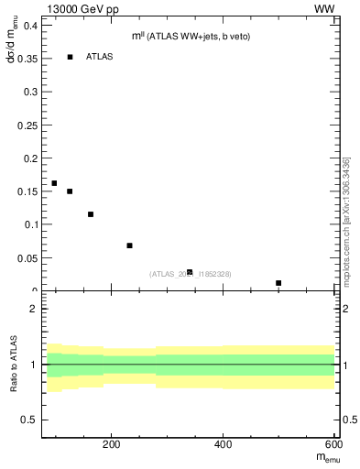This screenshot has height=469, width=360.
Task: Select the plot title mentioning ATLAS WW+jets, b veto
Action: point(191,36)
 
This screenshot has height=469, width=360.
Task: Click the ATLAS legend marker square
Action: point(70,57)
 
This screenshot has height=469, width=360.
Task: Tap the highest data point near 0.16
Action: point(54,183)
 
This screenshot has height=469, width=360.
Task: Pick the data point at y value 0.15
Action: point(70,191)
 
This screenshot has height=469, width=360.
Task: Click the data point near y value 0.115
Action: point(91,214)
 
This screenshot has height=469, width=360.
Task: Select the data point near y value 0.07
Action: point(130,245)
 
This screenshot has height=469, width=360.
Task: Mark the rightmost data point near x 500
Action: point(278,283)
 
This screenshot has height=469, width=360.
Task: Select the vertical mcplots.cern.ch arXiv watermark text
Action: point(347,220)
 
